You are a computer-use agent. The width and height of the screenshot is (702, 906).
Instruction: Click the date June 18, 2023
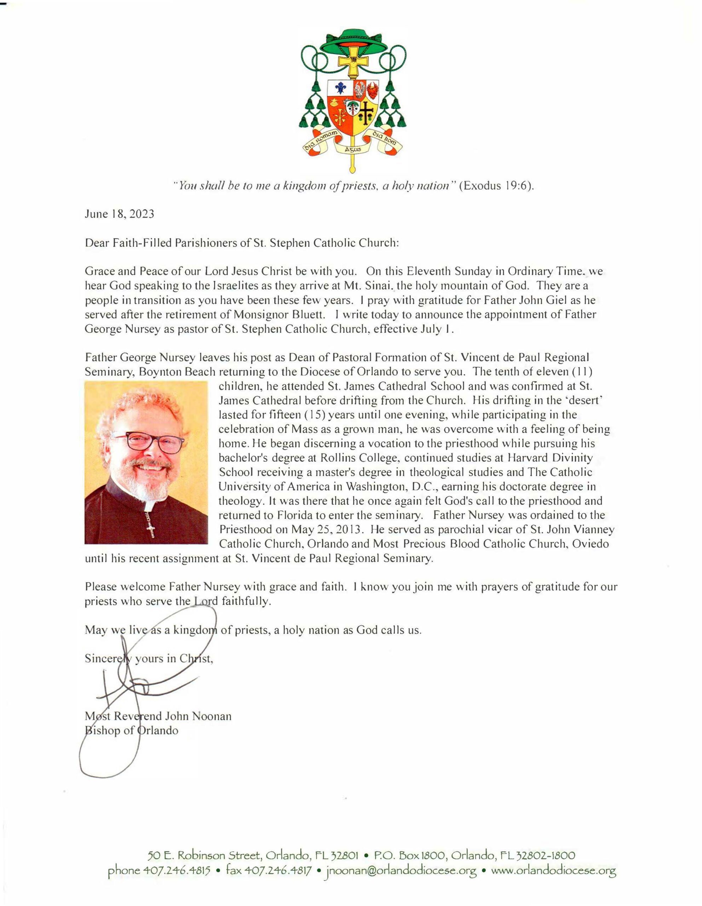pyautogui.click(x=120, y=214)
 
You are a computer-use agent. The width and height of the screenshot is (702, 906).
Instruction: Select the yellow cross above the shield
pyautogui.click(x=352, y=62)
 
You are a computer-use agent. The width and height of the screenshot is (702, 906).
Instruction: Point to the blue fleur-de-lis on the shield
pyautogui.click(x=341, y=89)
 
